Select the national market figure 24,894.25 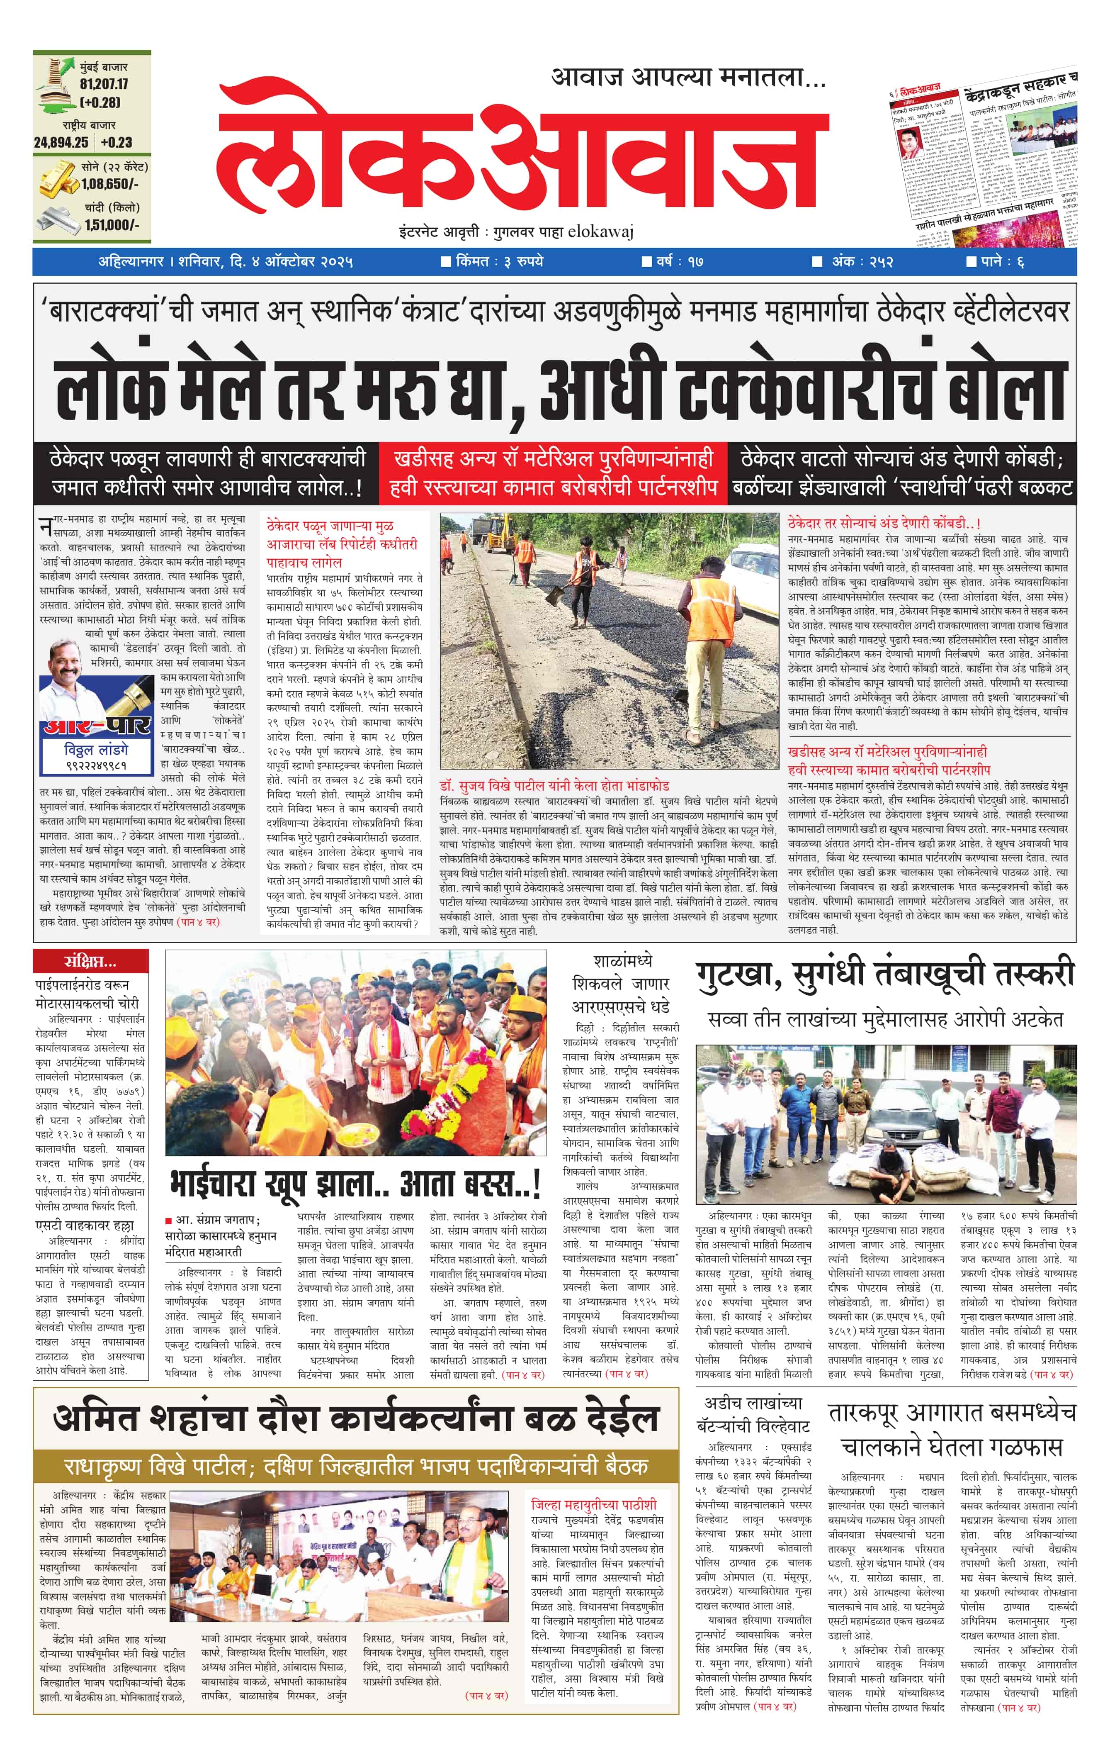coord(61,143)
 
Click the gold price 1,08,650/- coord(110,184)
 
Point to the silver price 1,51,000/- coord(111,225)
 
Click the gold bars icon coord(58,180)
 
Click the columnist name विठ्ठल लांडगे coord(96,749)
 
